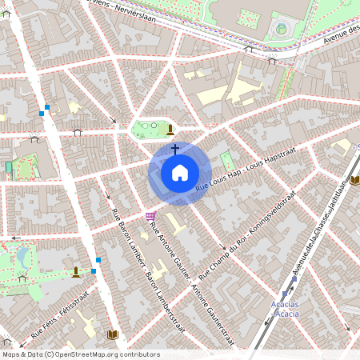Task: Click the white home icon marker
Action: pos(180,173)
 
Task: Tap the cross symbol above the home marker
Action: pos(174,149)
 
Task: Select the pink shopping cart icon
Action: pos(150,216)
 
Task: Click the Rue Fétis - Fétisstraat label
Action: pos(59,317)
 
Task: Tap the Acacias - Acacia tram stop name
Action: pos(287,309)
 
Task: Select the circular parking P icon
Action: pos(281,30)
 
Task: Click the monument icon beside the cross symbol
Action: pos(170,129)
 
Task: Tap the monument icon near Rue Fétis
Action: pos(76,272)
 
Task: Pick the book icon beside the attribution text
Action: pos(111,334)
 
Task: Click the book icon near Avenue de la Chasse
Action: pos(355,180)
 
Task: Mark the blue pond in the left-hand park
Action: pos(23,257)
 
